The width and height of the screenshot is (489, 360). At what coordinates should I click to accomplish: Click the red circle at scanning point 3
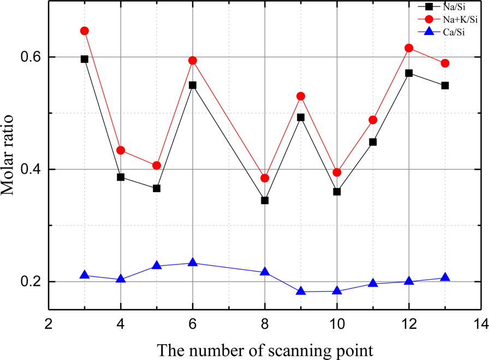pos(85,31)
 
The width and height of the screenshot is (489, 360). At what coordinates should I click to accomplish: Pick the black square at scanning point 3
pos(85,59)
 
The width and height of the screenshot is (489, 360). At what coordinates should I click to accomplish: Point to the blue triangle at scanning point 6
pos(193,263)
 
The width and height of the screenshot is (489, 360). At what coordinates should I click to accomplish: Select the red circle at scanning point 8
pos(265,178)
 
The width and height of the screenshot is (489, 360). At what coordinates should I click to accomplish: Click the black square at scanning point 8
pos(265,200)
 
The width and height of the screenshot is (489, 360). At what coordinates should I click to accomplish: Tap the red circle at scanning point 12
pos(409,48)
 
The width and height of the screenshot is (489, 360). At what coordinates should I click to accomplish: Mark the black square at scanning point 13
pos(445,86)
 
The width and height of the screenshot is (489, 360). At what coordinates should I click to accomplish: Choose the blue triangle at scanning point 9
pos(301,291)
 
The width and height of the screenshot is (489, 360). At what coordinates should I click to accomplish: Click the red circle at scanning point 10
pos(337,173)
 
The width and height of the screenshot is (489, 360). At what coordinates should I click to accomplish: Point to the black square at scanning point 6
pos(193,85)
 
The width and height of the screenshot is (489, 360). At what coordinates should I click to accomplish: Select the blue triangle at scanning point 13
pos(445,278)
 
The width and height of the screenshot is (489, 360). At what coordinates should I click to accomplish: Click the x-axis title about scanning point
pos(264,348)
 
